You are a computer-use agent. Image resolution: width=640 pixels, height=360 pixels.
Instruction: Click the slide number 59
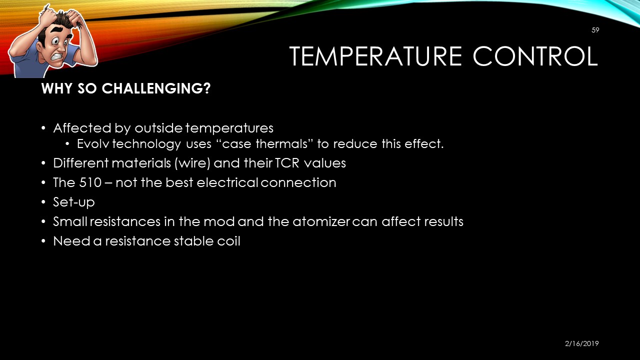tap(595, 30)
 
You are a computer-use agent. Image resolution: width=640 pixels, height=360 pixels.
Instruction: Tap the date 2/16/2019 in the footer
tap(581, 343)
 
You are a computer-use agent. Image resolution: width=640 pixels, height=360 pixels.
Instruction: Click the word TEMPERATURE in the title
tap(375, 56)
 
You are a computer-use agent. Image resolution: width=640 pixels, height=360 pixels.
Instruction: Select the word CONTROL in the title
tap(535, 56)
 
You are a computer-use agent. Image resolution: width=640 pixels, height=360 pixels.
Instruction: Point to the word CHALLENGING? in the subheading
tap(156, 88)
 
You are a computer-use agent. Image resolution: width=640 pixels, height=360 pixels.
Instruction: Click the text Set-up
tap(74, 202)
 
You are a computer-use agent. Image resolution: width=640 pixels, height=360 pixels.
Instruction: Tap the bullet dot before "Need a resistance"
tap(43, 241)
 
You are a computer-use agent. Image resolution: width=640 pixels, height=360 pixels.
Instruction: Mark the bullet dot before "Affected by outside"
tap(43, 128)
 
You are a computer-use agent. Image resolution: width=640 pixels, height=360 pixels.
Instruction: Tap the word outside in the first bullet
tap(158, 128)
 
